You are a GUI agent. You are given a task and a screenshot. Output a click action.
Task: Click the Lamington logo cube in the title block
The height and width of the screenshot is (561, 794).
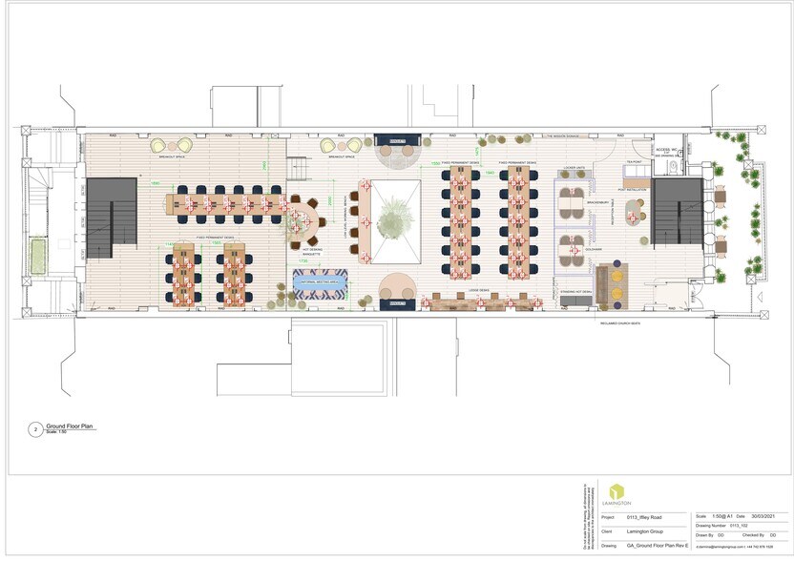tap(616, 492)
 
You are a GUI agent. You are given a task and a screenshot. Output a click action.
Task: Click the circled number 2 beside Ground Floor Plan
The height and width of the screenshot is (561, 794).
tap(36, 430)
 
